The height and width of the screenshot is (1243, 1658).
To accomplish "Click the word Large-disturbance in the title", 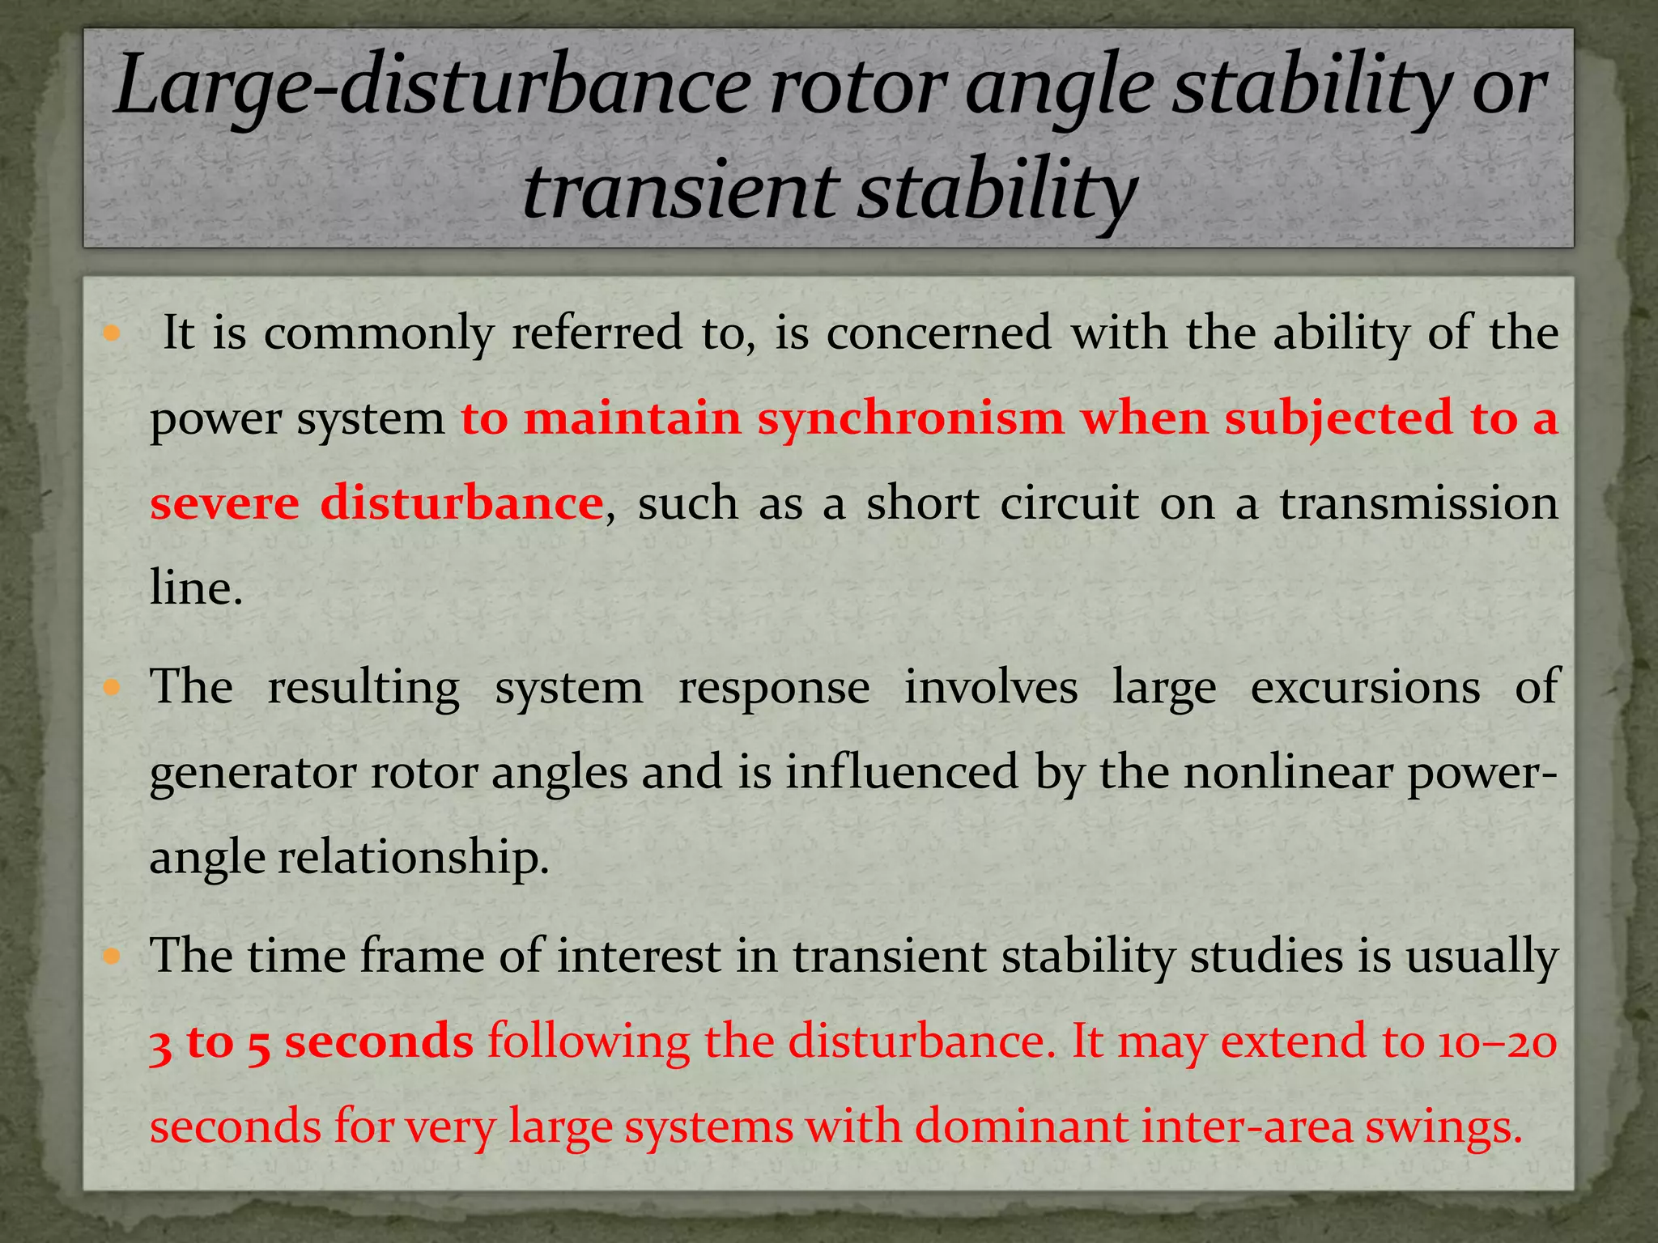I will coord(432,87).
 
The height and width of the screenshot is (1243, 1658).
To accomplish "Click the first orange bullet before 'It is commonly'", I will coord(113,333).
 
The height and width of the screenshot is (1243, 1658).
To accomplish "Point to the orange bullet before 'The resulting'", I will coord(113,688).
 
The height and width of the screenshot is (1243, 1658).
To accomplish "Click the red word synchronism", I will coord(910,418).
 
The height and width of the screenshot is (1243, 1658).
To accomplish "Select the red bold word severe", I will coord(224,503).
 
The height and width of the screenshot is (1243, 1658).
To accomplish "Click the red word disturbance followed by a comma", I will coord(461,503).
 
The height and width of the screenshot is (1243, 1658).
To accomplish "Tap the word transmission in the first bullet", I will coord(1418,503).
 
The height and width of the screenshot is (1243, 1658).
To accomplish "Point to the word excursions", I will coord(1365,688).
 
